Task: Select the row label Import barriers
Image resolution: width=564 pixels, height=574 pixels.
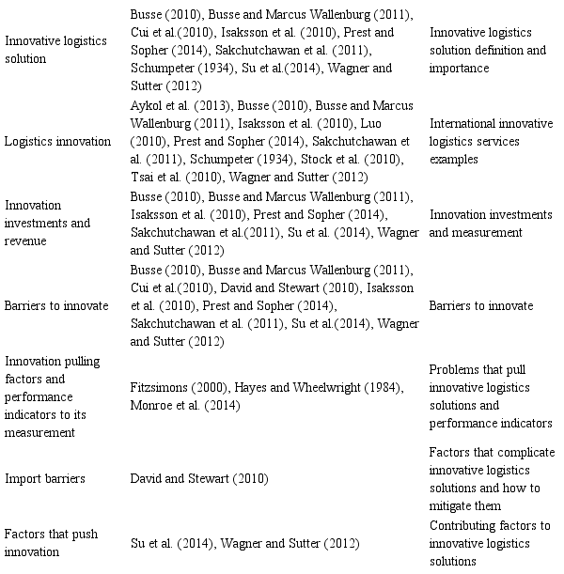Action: click(x=46, y=479)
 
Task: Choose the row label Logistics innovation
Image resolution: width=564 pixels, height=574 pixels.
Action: click(x=55, y=141)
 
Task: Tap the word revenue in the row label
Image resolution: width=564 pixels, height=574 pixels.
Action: click(x=28, y=240)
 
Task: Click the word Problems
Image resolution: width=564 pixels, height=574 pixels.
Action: click(x=455, y=370)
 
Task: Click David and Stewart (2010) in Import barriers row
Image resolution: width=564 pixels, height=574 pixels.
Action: click(x=198, y=479)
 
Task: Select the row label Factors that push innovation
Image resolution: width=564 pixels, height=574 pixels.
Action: click(x=45, y=543)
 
